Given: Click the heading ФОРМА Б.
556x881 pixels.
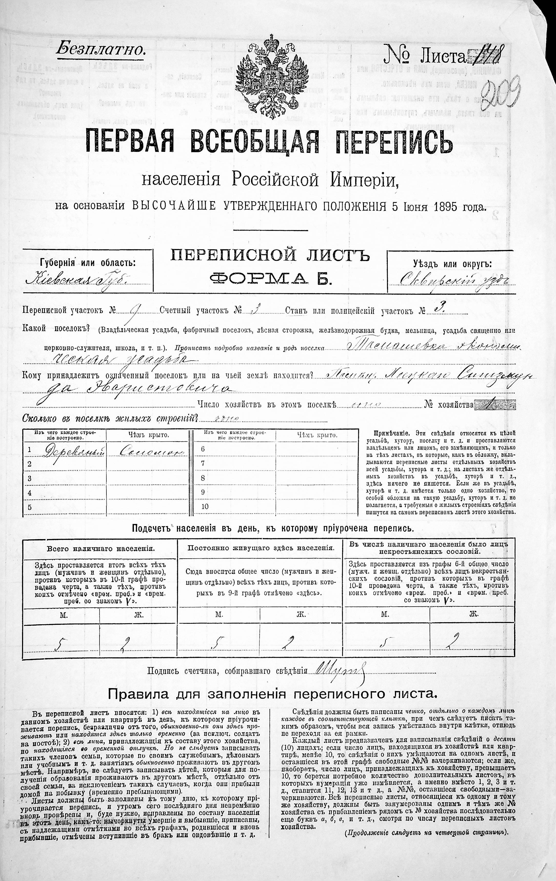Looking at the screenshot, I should pyautogui.click(x=271, y=279).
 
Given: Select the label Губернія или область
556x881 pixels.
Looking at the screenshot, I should pyautogui.click(x=87, y=263).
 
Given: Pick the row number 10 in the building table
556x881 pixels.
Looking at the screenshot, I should pyautogui.click(x=205, y=506).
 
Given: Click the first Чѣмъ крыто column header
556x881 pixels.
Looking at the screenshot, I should pyautogui.click(x=148, y=435).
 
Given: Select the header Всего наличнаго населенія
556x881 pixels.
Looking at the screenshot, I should pyautogui.click(x=100, y=549).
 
